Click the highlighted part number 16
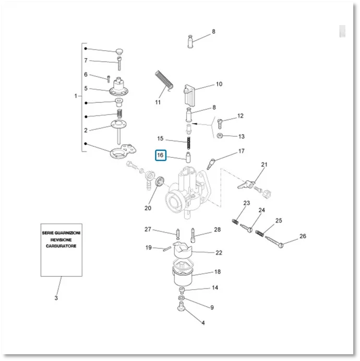pos(160,155)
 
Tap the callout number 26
pos(303,236)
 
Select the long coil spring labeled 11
pos(164,80)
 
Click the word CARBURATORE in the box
pos(61,246)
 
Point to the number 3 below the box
pos(56,298)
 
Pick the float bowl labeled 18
pos(183,274)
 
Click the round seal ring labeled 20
pos(160,181)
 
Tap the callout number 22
pos(219,253)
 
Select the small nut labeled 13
pos(220,136)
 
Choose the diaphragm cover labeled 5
pos(119,87)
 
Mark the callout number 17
pos(242,151)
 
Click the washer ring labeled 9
pos(182,298)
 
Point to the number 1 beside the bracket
pos(76,96)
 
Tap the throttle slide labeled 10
pos(189,96)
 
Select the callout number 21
pos(264,165)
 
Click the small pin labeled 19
pos(167,249)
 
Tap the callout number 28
pos(218,229)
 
